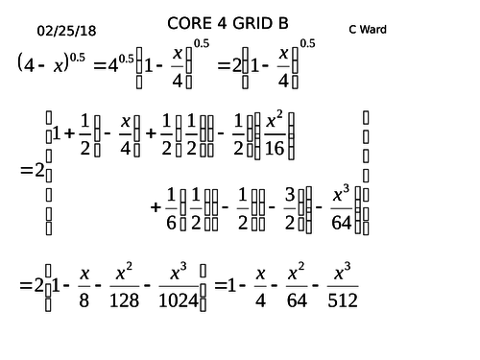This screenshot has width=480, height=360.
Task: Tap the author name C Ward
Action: pos(368,29)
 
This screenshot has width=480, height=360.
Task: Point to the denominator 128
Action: pos(123,300)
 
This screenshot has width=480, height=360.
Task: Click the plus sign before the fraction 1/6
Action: pos(156,206)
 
